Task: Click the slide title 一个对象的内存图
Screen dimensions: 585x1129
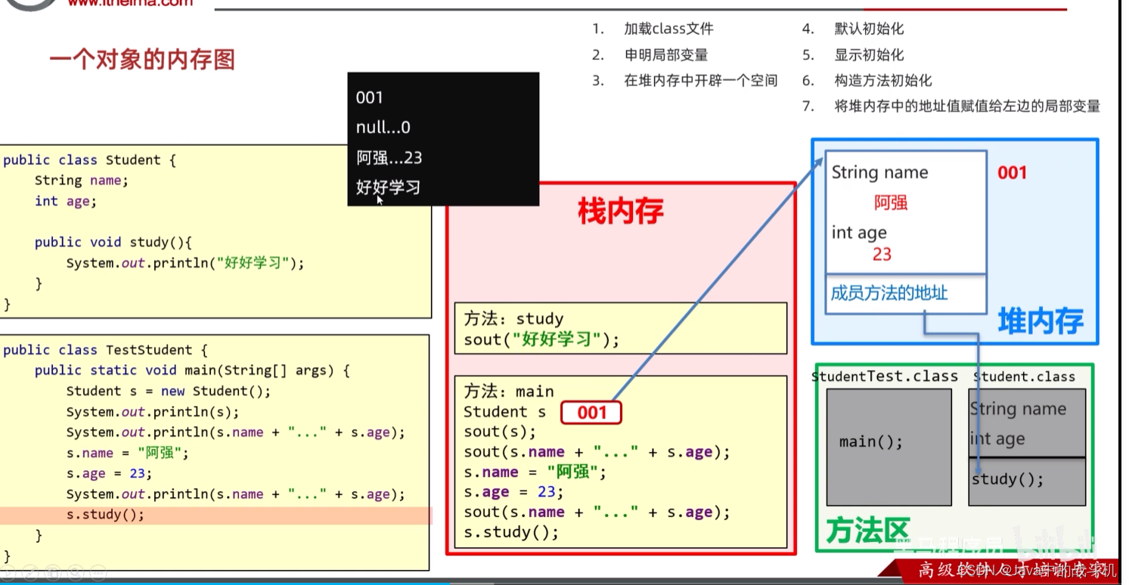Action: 142,60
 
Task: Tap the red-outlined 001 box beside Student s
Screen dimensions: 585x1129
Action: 591,412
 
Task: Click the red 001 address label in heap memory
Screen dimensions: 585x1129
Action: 1012,173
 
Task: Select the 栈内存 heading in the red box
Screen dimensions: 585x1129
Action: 620,212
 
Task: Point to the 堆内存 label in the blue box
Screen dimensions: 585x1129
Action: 1040,321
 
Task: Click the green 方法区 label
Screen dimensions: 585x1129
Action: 867,531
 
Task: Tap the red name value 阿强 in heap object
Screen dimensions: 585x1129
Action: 891,203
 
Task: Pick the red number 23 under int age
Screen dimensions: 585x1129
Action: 882,255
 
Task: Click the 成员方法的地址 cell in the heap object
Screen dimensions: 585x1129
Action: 889,293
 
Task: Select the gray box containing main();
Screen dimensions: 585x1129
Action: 889,447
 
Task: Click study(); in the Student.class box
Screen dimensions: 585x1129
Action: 1007,479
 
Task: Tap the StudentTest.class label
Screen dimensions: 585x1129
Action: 885,376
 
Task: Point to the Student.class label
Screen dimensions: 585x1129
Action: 1024,376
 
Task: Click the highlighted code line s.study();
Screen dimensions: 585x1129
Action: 105,515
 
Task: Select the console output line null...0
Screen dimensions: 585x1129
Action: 383,128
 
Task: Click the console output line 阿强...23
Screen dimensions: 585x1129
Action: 389,158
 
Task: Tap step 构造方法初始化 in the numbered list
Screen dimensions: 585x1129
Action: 882,80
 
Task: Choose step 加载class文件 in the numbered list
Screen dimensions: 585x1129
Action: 668,29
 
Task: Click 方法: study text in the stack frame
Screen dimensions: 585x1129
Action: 513,319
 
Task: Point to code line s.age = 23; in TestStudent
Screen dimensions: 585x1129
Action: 109,474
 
